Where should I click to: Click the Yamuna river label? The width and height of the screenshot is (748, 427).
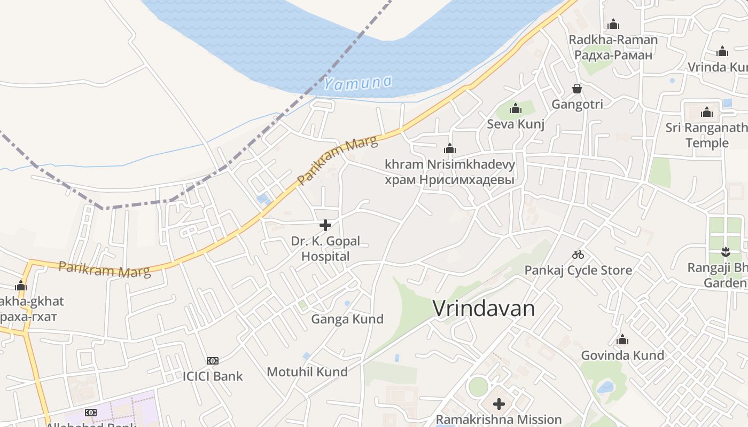pyautogui.click(x=357, y=83)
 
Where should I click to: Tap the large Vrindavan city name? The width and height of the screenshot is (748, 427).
pyautogui.click(x=484, y=309)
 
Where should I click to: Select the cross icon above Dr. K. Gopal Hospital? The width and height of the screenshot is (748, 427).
pyautogui.click(x=325, y=225)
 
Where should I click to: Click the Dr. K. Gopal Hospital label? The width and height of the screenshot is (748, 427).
pyautogui.click(x=325, y=249)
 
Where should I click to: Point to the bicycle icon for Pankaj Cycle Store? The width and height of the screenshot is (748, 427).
pyautogui.click(x=578, y=255)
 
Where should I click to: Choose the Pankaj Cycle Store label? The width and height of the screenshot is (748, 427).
pyautogui.click(x=578, y=270)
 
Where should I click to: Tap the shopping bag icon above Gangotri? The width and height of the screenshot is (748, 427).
pyautogui.click(x=577, y=89)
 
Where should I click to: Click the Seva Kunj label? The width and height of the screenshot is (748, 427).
pyautogui.click(x=516, y=124)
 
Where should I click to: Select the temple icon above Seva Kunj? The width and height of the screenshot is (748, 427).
pyautogui.click(x=516, y=109)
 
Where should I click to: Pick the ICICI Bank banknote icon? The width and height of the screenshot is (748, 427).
pyautogui.click(x=213, y=361)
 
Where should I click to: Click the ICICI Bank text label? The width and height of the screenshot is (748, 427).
pyautogui.click(x=213, y=376)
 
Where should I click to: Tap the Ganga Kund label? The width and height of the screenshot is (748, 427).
pyautogui.click(x=347, y=319)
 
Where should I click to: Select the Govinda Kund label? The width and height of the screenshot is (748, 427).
pyautogui.click(x=622, y=355)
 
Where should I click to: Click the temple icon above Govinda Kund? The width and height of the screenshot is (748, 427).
pyautogui.click(x=622, y=340)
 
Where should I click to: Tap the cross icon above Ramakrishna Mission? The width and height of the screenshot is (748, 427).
pyautogui.click(x=499, y=404)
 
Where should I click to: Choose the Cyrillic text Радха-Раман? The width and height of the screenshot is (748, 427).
pyautogui.click(x=613, y=55)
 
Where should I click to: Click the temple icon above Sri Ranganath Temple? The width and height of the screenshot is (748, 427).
pyautogui.click(x=707, y=112)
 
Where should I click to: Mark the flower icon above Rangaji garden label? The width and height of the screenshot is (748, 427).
pyautogui.click(x=725, y=251)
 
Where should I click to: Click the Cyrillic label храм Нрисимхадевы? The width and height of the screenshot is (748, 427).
pyautogui.click(x=449, y=180)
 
